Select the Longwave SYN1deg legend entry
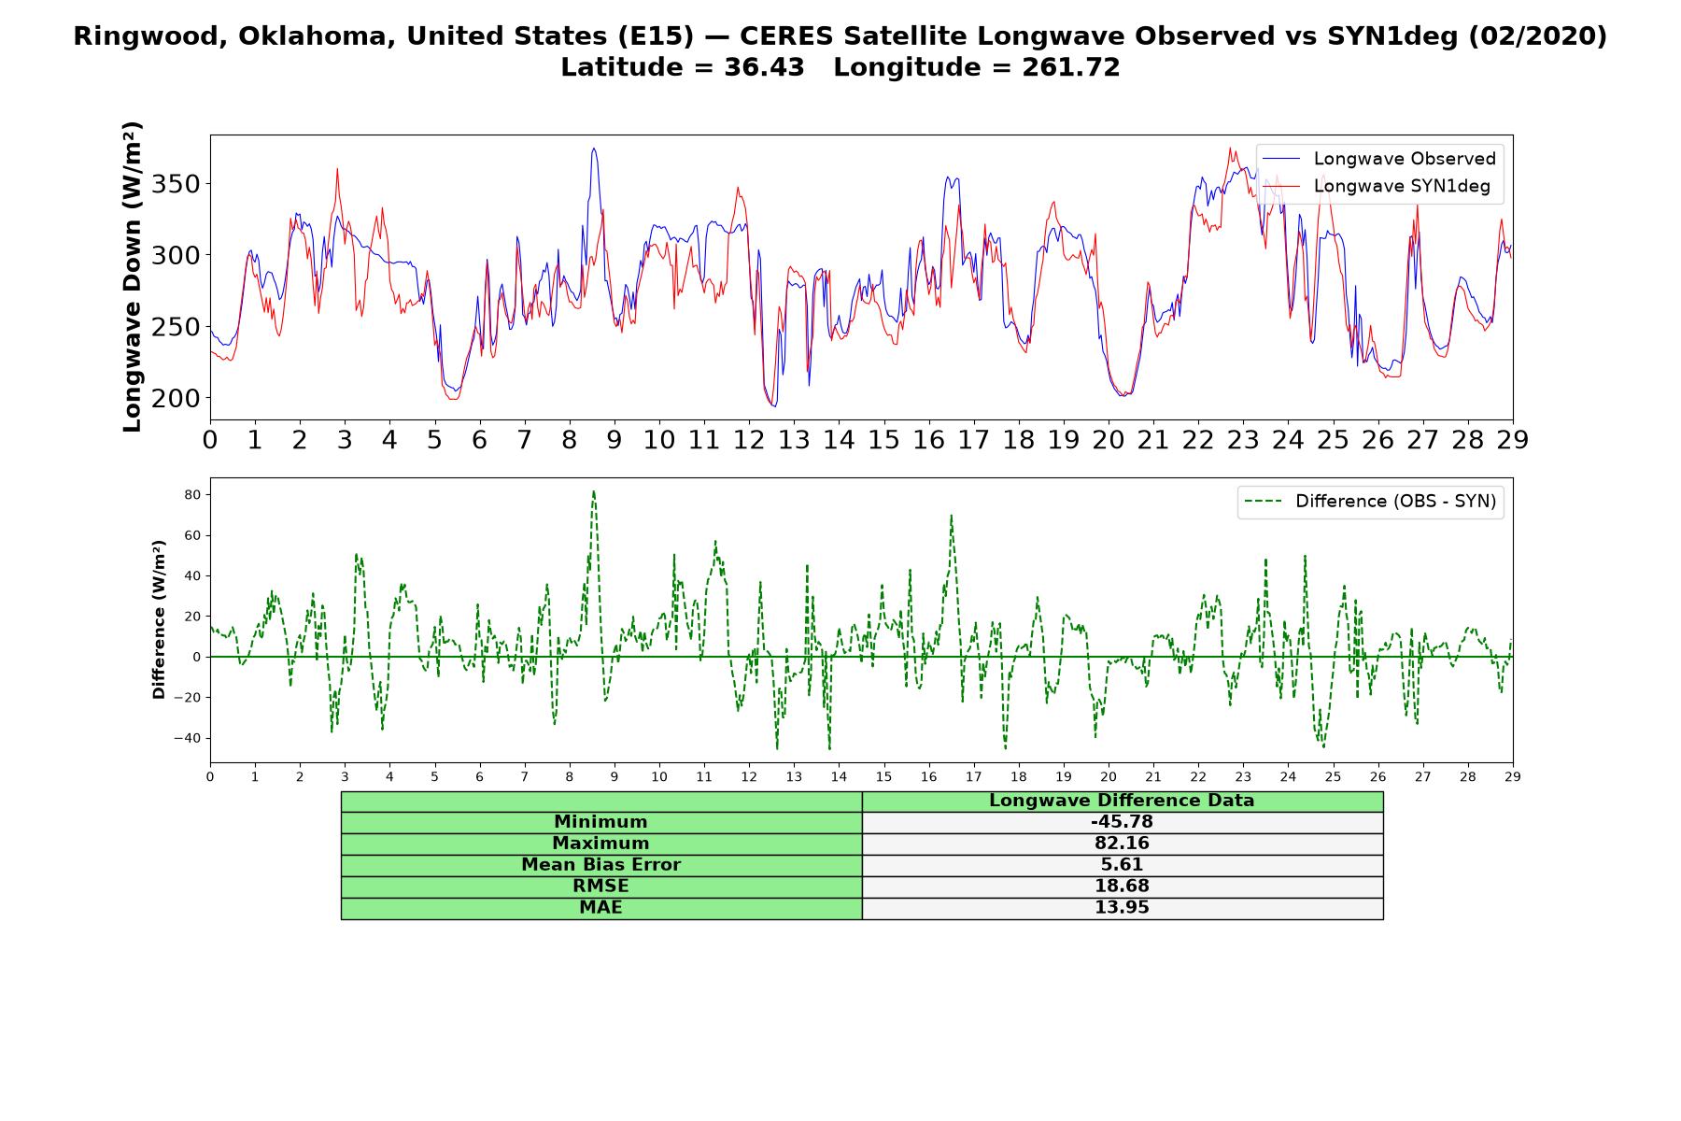[x=1377, y=186]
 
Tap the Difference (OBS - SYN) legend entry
[x=1370, y=502]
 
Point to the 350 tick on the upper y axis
[x=176, y=184]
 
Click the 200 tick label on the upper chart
[x=176, y=398]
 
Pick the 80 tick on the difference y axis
[x=191, y=494]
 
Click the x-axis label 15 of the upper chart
[x=883, y=440]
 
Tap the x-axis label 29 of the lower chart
[x=1513, y=776]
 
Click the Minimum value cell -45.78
[x=1122, y=822]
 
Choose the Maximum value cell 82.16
[x=1122, y=844]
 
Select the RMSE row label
[x=600, y=887]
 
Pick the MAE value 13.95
[x=1122, y=908]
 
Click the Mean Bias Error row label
[x=600, y=865]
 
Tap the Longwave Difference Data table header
[x=1122, y=801]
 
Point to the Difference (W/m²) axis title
[x=159, y=619]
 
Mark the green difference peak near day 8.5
[x=593, y=491]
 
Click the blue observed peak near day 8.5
[x=594, y=149]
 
